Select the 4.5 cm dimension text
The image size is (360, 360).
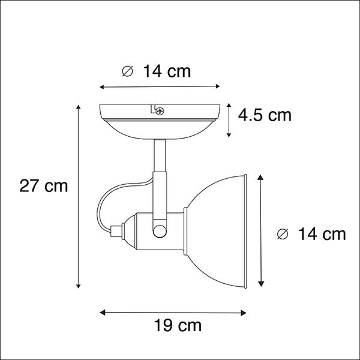pos(265,115)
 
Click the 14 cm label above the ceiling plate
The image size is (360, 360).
pos(166,72)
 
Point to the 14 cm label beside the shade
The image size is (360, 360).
pos(322,234)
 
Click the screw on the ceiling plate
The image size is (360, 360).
pos(159,110)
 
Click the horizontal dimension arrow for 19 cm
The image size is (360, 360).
pos(173,312)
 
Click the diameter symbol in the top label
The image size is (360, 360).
pos(127,72)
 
